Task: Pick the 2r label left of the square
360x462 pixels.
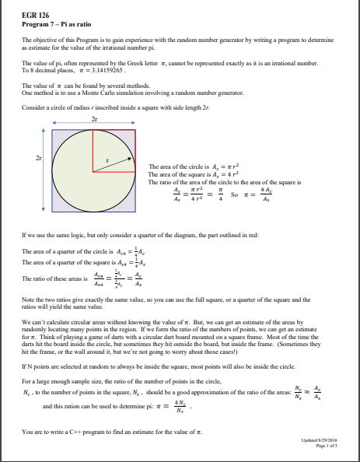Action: (x=30, y=158)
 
